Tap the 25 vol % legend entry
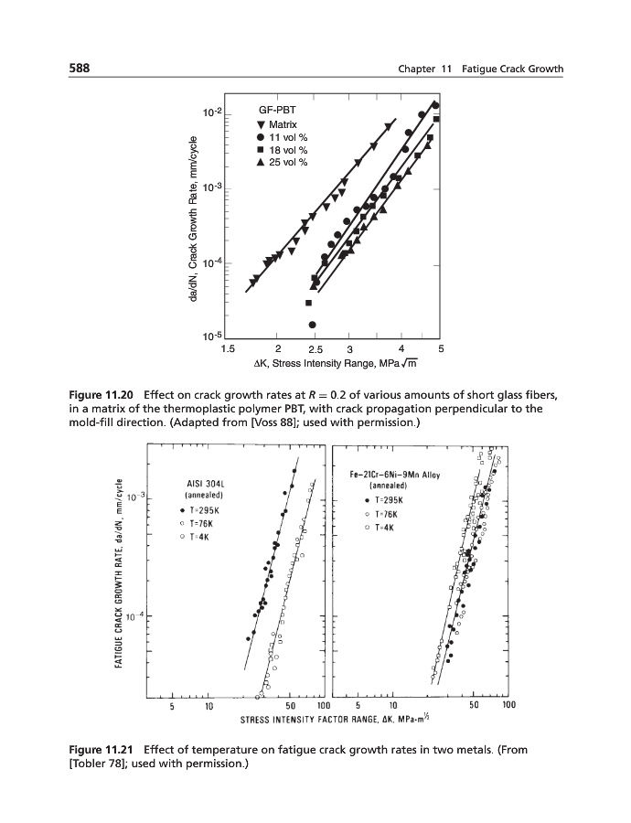click(x=283, y=162)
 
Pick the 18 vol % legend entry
click(x=283, y=149)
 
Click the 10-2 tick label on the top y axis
click(x=211, y=112)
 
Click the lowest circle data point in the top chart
click(x=313, y=325)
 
